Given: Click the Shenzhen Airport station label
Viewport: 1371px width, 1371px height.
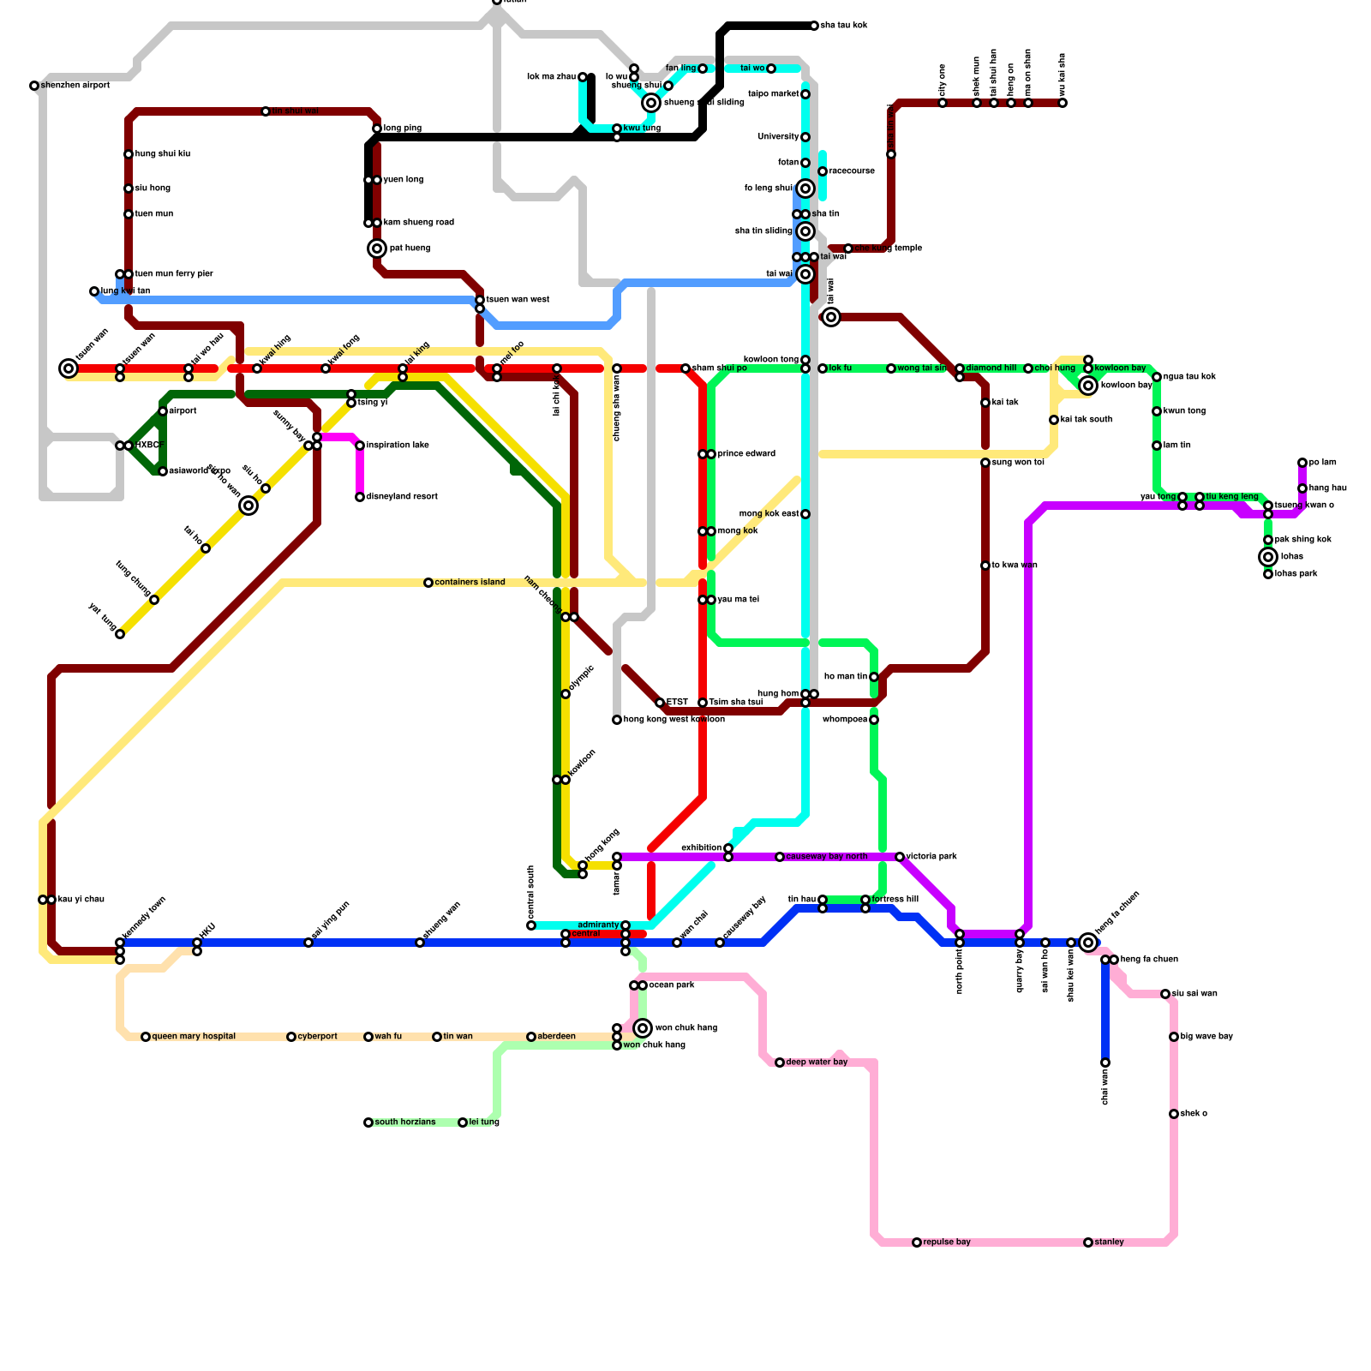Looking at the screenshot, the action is pyautogui.click(x=75, y=86).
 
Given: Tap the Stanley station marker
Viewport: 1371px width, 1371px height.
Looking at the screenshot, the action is pyautogui.click(x=1088, y=1242).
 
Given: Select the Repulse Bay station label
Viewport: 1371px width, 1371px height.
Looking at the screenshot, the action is pyautogui.click(x=947, y=1242).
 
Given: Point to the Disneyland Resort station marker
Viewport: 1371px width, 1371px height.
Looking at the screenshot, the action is pyautogui.click(x=360, y=497).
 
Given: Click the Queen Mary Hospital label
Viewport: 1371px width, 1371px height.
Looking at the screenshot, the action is pyautogui.click(x=194, y=1037).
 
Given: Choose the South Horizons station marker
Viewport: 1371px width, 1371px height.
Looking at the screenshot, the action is pyautogui.click(x=368, y=1123).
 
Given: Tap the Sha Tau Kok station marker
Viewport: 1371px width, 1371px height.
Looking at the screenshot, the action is pyautogui.click(x=814, y=26).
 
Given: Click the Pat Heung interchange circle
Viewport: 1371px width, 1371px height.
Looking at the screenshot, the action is pyautogui.click(x=377, y=248).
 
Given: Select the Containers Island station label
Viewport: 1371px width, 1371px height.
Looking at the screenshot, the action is pyautogui.click(x=470, y=583).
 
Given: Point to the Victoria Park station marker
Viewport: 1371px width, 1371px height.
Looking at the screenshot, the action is pyautogui.click(x=900, y=857).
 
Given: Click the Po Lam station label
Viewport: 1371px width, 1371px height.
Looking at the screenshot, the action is pyautogui.click(x=1322, y=463).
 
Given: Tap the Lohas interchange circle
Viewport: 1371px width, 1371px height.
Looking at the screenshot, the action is pyautogui.click(x=1268, y=557).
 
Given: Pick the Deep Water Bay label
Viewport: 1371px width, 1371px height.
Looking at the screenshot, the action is pyautogui.click(x=817, y=1063).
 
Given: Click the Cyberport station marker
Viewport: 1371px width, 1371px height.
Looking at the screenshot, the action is pyautogui.click(x=291, y=1037).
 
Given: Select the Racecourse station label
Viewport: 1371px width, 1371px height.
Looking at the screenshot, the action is pyautogui.click(x=852, y=171).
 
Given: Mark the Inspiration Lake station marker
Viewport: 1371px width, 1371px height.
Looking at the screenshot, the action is pyautogui.click(x=360, y=446).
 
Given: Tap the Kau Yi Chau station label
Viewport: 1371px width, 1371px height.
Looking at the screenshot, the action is pyautogui.click(x=81, y=900).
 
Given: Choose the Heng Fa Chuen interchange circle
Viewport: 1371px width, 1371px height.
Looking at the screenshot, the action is pyautogui.click(x=1088, y=943).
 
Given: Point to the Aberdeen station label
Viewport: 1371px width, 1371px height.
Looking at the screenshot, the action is pyautogui.click(x=556, y=1037).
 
